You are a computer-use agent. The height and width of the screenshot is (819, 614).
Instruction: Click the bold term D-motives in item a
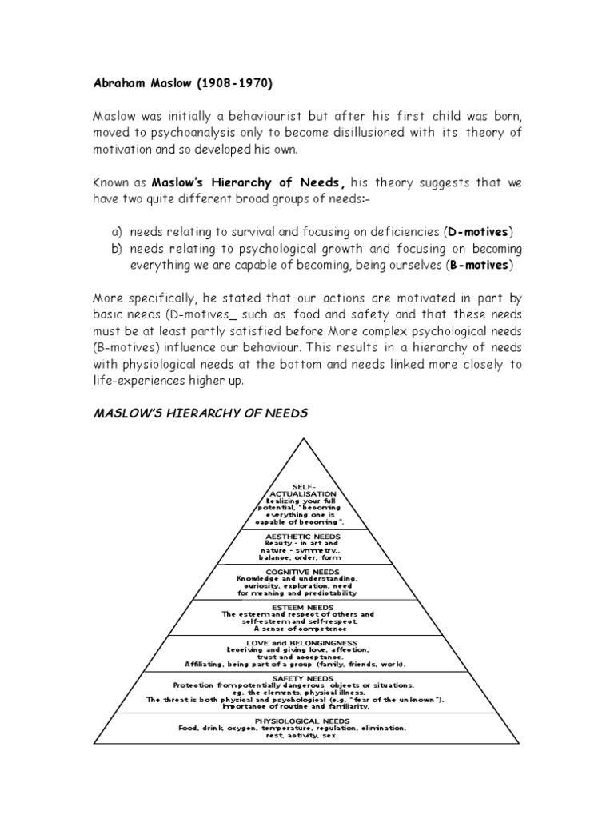(476, 231)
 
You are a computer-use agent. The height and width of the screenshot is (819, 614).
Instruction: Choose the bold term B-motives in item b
(477, 265)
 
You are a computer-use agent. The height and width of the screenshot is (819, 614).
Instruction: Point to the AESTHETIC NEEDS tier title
(305, 535)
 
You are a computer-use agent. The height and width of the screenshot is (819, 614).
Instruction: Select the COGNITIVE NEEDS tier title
(305, 571)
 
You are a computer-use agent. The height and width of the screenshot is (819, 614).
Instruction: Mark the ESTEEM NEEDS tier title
(305, 606)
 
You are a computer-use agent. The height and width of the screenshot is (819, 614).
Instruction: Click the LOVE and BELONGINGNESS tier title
(305, 642)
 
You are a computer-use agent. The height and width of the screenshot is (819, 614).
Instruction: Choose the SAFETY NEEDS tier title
(305, 678)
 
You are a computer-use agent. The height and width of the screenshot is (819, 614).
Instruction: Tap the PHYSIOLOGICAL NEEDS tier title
(305, 721)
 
